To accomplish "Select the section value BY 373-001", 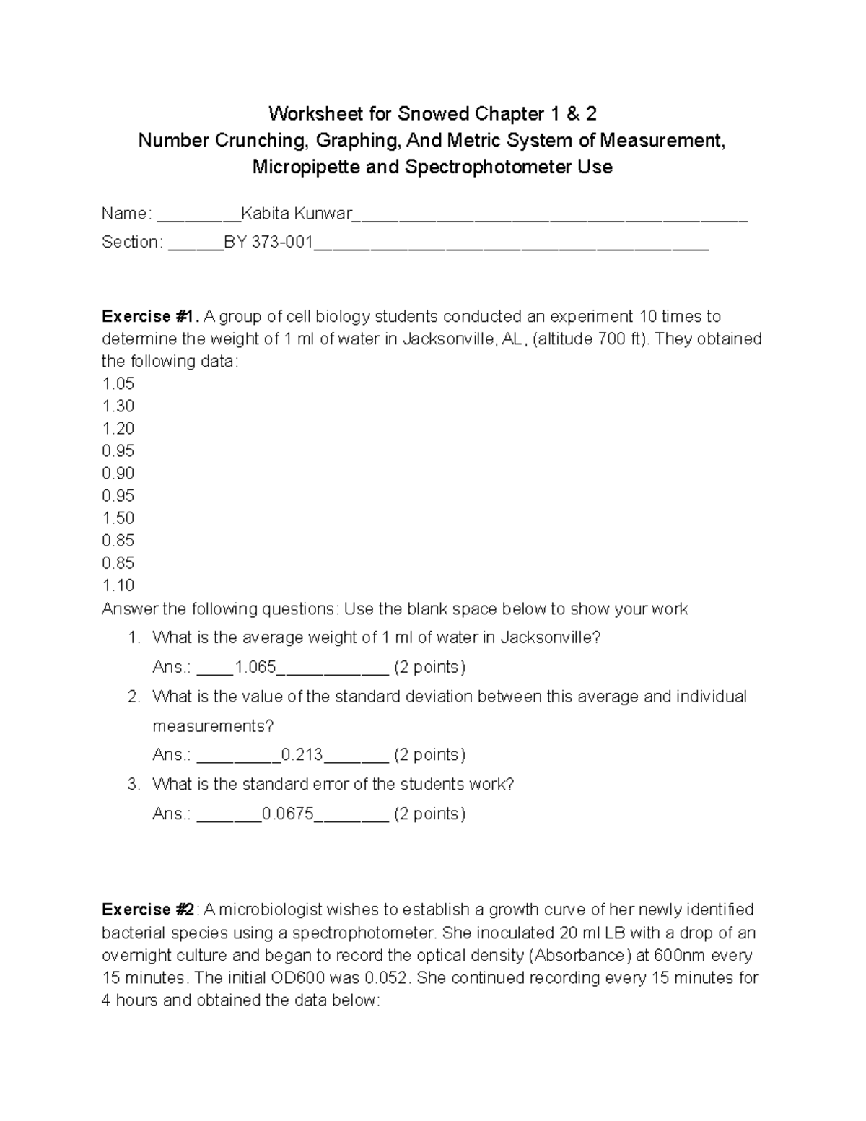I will [x=268, y=243].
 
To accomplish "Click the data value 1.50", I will [x=118, y=518].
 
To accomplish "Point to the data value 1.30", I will [x=118, y=406].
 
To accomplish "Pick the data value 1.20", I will [x=118, y=429].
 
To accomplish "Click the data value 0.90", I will [x=118, y=474].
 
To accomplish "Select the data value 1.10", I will [x=118, y=585].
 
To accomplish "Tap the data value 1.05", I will [x=118, y=384].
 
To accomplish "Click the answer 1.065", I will [x=255, y=667].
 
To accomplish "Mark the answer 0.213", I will [x=302, y=755].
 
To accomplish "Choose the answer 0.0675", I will [x=287, y=814].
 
